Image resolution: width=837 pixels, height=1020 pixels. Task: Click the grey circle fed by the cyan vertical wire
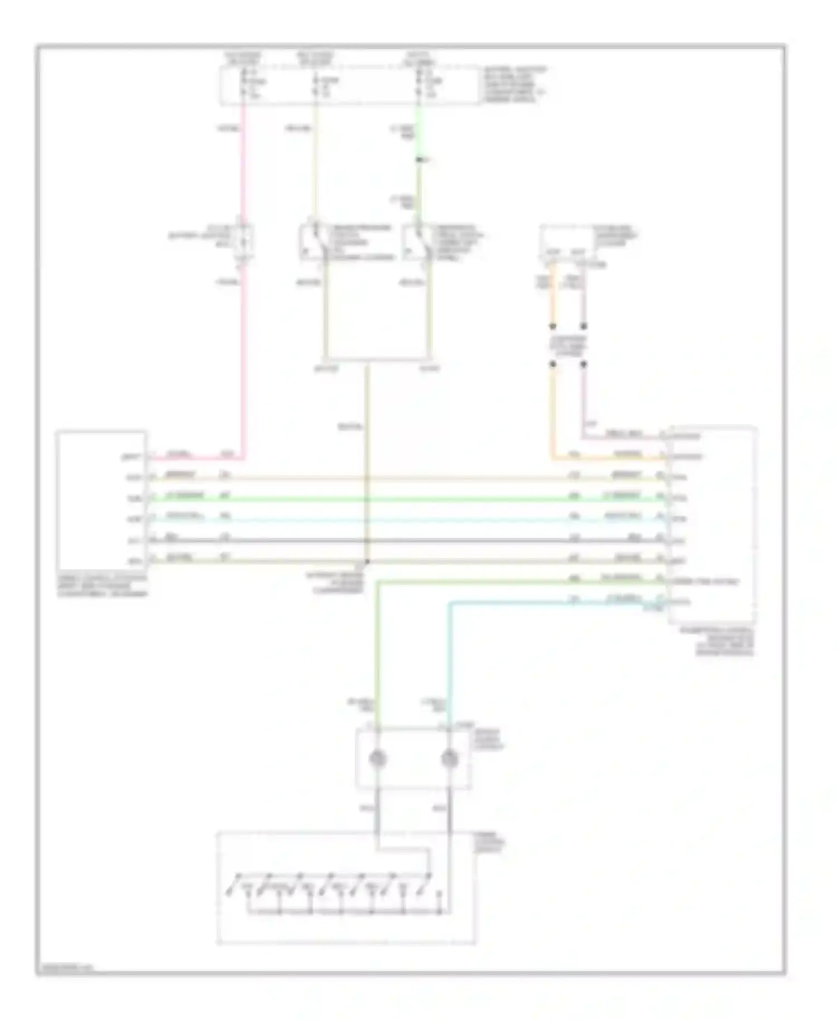click(x=449, y=759)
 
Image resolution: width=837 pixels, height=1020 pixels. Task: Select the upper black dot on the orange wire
click(x=552, y=326)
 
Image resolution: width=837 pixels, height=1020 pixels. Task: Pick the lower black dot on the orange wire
click(x=552, y=364)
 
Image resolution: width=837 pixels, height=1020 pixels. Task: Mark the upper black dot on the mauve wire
click(x=584, y=326)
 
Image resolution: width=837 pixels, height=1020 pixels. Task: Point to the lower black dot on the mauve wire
click(x=584, y=364)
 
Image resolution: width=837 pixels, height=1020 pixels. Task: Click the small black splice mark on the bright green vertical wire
click(x=420, y=161)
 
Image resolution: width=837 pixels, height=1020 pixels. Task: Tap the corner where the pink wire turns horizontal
click(x=244, y=459)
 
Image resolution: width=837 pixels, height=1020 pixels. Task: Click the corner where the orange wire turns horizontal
click(x=552, y=459)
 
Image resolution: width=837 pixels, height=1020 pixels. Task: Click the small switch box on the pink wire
click(x=244, y=240)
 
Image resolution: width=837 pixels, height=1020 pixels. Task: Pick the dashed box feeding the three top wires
click(x=349, y=85)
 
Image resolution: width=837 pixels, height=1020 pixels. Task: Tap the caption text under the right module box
click(x=724, y=642)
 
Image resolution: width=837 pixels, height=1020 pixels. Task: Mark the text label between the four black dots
click(x=568, y=345)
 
